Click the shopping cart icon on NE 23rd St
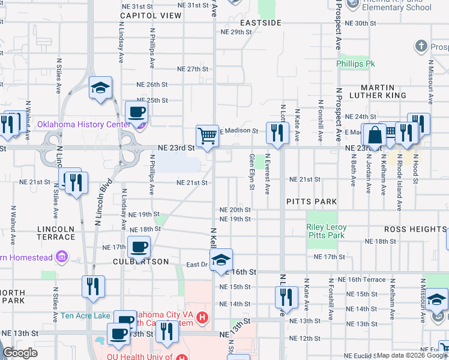(x=207, y=136)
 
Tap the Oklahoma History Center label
(x=84, y=125)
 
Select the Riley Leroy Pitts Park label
(x=327, y=232)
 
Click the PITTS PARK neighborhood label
(x=312, y=201)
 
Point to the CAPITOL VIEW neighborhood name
(x=151, y=16)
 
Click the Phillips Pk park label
(x=355, y=63)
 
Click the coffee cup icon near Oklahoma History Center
(x=136, y=111)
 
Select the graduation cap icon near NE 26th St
(x=100, y=88)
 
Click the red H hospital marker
(x=203, y=316)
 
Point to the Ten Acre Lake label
(x=85, y=316)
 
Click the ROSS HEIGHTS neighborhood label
(x=415, y=230)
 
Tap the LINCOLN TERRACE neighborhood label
(x=56, y=233)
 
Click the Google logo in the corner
(x=20, y=353)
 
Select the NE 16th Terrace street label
(x=366, y=280)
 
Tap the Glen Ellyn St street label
(x=252, y=171)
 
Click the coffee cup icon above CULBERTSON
(x=139, y=246)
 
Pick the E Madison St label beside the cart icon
(x=240, y=131)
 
